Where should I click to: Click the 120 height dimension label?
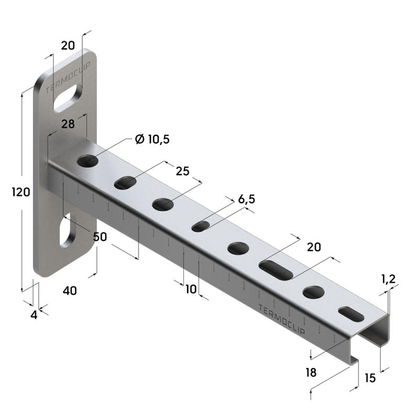pos(20,192)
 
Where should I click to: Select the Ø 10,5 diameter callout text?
pos(152,139)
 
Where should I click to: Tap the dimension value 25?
pos(182,171)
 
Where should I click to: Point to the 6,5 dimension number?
pos(246,200)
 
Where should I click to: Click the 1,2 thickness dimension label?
pos(388,280)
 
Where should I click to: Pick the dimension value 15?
pos(370,378)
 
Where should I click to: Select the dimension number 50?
pos(100,237)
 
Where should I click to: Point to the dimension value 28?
pos(67,125)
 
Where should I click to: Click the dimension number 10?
pos(191,288)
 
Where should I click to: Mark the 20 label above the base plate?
pos(68,46)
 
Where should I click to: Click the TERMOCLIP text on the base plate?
pos(69,78)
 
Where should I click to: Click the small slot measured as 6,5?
pos(201,226)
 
